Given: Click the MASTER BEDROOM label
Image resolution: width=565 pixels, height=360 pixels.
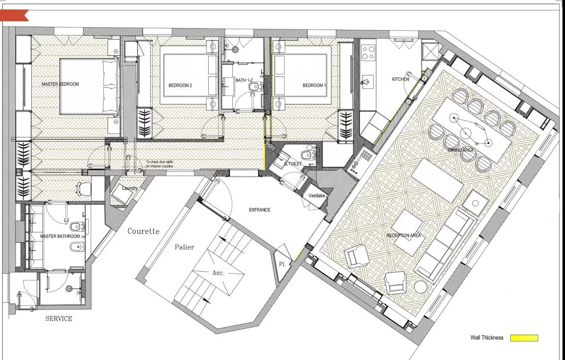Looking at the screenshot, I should click(x=60, y=84).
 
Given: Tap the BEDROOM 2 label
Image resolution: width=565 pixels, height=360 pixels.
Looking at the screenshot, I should click(x=180, y=85).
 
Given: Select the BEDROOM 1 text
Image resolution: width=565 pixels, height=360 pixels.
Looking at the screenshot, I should click(x=314, y=85).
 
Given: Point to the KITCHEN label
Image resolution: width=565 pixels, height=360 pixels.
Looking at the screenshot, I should click(x=400, y=79).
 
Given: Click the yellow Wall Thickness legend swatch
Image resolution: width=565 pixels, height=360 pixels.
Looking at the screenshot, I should click(x=524, y=338).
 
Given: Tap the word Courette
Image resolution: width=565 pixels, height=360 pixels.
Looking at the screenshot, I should click(x=143, y=232).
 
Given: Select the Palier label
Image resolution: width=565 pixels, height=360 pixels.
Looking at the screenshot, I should click(x=184, y=247).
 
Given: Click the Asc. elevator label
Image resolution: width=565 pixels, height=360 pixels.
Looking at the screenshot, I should click(x=218, y=273).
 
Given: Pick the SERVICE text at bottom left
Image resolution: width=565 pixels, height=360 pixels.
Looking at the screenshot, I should click(x=59, y=319).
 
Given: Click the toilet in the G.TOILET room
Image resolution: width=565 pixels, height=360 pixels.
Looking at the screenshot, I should click(x=308, y=155).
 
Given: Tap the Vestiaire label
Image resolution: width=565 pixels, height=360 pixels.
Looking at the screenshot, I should click(x=316, y=196).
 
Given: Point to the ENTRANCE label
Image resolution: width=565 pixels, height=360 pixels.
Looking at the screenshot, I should click(x=260, y=210).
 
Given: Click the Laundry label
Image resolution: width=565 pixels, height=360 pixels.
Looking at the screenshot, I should click(x=130, y=188).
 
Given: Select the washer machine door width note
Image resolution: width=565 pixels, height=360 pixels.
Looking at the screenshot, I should click(x=160, y=164).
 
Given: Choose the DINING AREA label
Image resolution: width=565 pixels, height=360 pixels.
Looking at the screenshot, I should click(x=460, y=150).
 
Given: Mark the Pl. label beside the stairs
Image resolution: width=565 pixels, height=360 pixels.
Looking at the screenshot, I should click(x=282, y=264).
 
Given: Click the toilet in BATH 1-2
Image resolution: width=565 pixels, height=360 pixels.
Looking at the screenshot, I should click(x=254, y=86).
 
